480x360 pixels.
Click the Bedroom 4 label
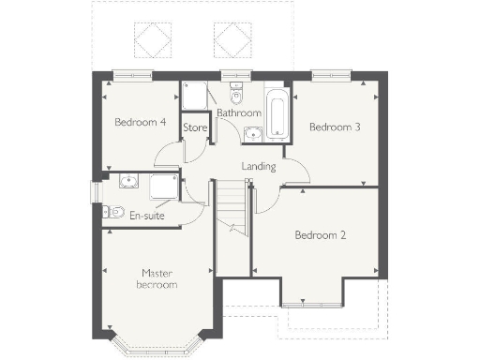point(141,122)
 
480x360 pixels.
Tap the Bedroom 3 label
point(334,127)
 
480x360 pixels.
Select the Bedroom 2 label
point(320,234)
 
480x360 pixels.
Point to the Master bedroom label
point(157,278)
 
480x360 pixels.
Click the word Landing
point(259,167)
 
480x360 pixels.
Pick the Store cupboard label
point(195,127)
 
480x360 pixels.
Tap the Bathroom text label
point(238,113)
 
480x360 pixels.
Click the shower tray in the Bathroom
point(195,97)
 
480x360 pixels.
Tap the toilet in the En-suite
point(114,212)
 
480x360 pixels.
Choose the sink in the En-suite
point(127,183)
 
